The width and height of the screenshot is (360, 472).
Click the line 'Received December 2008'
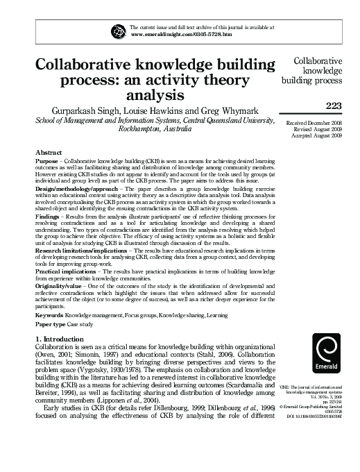coord(320,122)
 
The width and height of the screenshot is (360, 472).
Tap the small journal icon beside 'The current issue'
coord(119,30)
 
